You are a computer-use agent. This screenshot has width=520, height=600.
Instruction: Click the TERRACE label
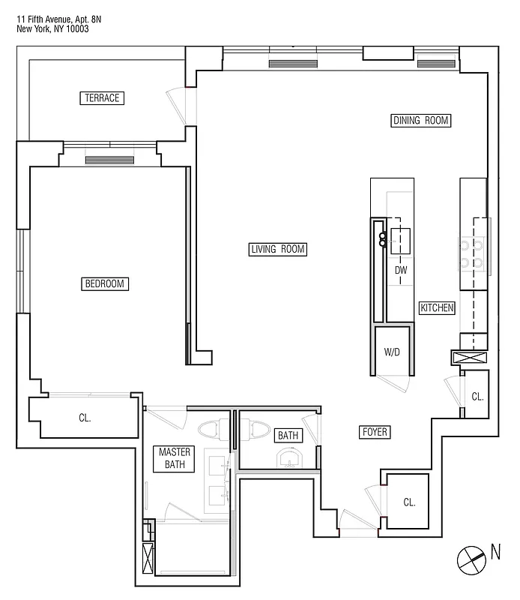[x=102, y=98]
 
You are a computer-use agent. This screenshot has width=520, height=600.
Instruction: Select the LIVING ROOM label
[x=278, y=249]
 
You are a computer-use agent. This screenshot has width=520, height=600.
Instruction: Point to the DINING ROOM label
[x=422, y=120]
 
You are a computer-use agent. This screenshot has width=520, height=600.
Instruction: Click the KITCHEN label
[x=437, y=307]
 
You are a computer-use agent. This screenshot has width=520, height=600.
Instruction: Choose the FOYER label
[x=375, y=432]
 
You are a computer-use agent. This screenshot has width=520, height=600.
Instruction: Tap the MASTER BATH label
[x=175, y=458]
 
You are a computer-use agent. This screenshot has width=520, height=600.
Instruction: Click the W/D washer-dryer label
[x=393, y=352]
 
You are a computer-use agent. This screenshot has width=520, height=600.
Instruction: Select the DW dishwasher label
[x=400, y=270]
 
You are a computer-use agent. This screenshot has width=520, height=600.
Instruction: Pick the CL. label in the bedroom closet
[x=85, y=418]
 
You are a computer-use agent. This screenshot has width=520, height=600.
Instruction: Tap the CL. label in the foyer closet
[x=409, y=502]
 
